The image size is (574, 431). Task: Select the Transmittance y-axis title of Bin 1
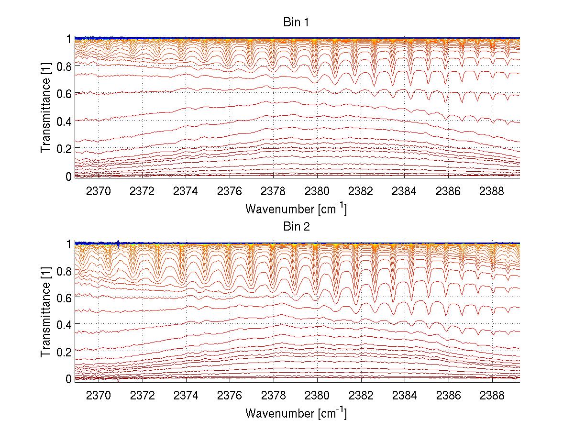pyautogui.click(x=46, y=107)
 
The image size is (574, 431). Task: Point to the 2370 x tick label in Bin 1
pyautogui.click(x=98, y=191)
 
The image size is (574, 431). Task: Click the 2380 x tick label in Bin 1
pyautogui.click(x=317, y=191)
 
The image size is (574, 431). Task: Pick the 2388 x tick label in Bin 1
pyautogui.click(x=492, y=191)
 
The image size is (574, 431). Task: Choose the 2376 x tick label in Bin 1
pyautogui.click(x=230, y=191)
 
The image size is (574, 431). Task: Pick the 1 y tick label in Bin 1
pyautogui.click(x=68, y=39)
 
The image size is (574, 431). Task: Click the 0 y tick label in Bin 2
pyautogui.click(x=68, y=378)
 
